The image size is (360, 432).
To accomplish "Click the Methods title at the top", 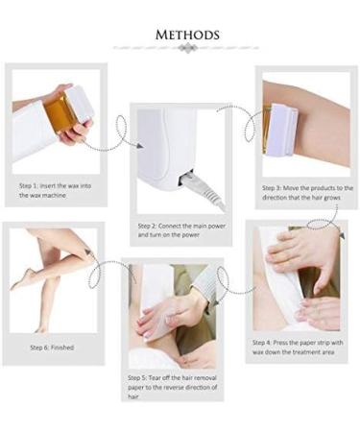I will [185, 35].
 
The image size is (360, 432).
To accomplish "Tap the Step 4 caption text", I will [295, 347].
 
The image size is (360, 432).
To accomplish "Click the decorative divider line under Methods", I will [185, 47].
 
